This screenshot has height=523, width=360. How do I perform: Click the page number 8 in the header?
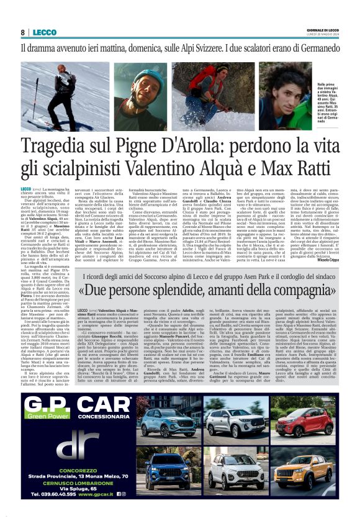23,32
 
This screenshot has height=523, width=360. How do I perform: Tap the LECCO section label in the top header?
45,32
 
